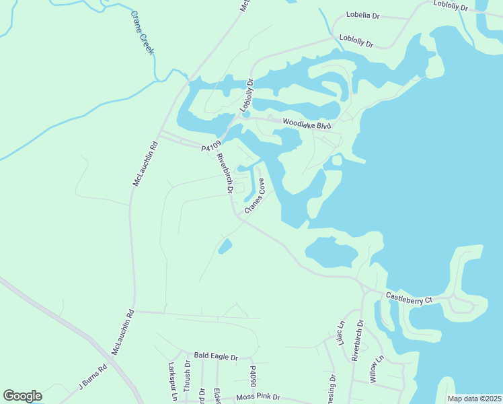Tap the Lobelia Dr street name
[363, 15]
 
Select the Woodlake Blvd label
[307, 123]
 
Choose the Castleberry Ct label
[408, 298]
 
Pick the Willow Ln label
[376, 369]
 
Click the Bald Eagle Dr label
[216, 356]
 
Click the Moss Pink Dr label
[258, 398]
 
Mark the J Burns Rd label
[93, 377]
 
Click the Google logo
[22, 396]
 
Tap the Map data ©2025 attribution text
[474, 399]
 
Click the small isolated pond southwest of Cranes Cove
[225, 246]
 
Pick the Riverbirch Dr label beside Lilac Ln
[357, 341]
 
